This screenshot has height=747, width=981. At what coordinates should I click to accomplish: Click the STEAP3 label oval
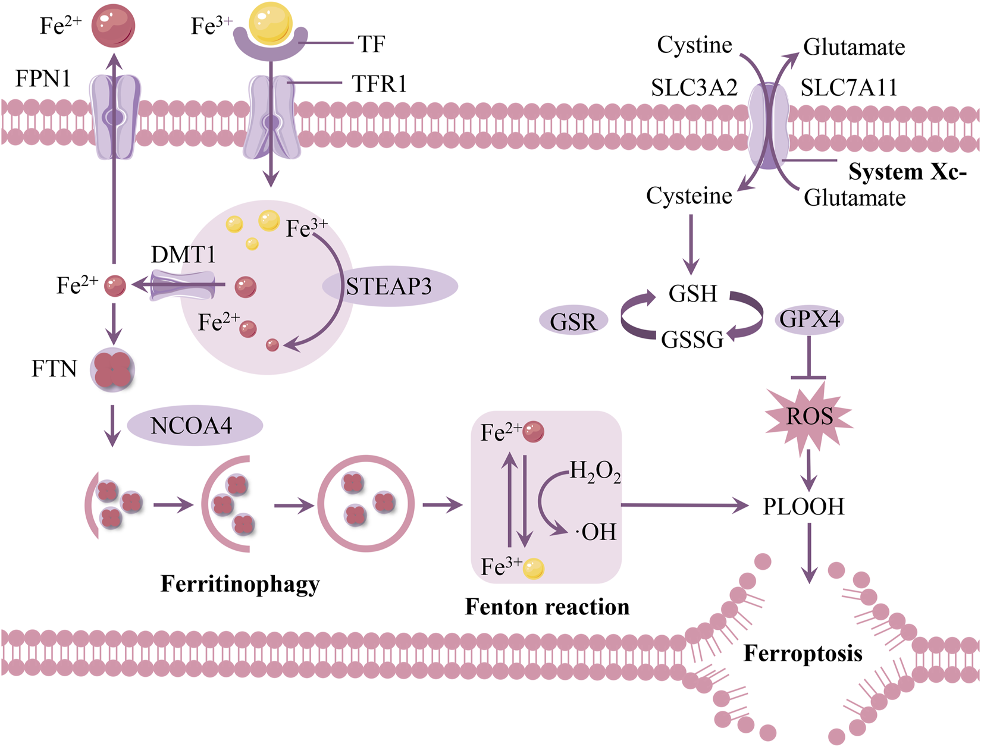(x=390, y=287)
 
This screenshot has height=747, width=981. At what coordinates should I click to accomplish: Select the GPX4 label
(x=810, y=320)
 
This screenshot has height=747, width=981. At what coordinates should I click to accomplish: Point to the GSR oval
(x=573, y=322)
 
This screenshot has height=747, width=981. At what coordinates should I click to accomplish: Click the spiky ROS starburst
(x=809, y=416)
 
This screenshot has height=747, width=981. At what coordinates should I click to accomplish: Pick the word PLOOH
(x=804, y=507)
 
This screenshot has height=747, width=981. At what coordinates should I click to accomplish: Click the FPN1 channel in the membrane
(x=115, y=117)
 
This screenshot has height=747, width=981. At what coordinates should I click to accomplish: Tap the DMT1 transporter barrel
(x=183, y=285)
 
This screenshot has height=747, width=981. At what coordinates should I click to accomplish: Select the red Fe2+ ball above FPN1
(x=113, y=26)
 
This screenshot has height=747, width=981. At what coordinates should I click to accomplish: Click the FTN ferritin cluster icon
(x=112, y=370)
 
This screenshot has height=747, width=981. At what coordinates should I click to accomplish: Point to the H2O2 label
(x=595, y=472)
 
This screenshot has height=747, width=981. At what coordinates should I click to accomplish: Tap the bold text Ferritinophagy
(x=240, y=584)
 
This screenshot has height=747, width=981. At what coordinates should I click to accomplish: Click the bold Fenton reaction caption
(x=547, y=607)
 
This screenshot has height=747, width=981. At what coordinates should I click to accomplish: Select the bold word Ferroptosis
(x=803, y=653)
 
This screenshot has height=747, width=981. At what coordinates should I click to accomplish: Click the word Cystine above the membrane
(x=694, y=45)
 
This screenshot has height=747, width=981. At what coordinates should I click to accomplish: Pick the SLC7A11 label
(x=848, y=88)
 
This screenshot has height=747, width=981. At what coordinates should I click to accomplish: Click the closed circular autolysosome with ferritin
(x=366, y=504)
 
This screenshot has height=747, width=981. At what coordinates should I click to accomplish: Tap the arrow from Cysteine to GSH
(x=691, y=244)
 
